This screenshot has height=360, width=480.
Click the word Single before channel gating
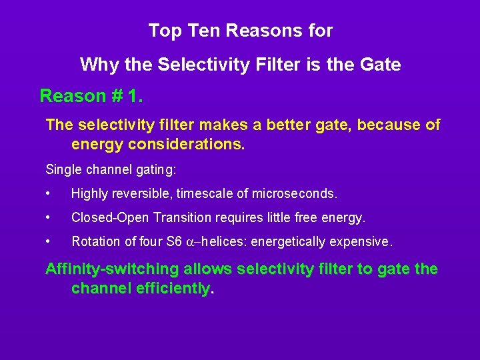63,170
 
